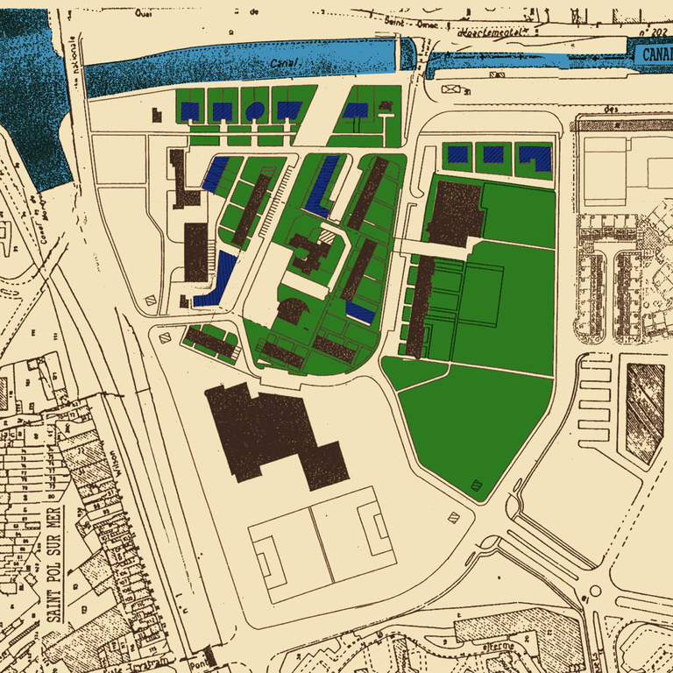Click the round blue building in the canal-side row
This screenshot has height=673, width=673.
point(254,110)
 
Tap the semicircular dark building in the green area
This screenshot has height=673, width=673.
point(292,309)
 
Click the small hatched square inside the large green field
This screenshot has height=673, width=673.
point(477,484)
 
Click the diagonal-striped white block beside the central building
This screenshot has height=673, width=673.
point(325,236)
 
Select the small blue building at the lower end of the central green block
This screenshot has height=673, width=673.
point(360,310)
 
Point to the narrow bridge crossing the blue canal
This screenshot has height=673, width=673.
point(408,54)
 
